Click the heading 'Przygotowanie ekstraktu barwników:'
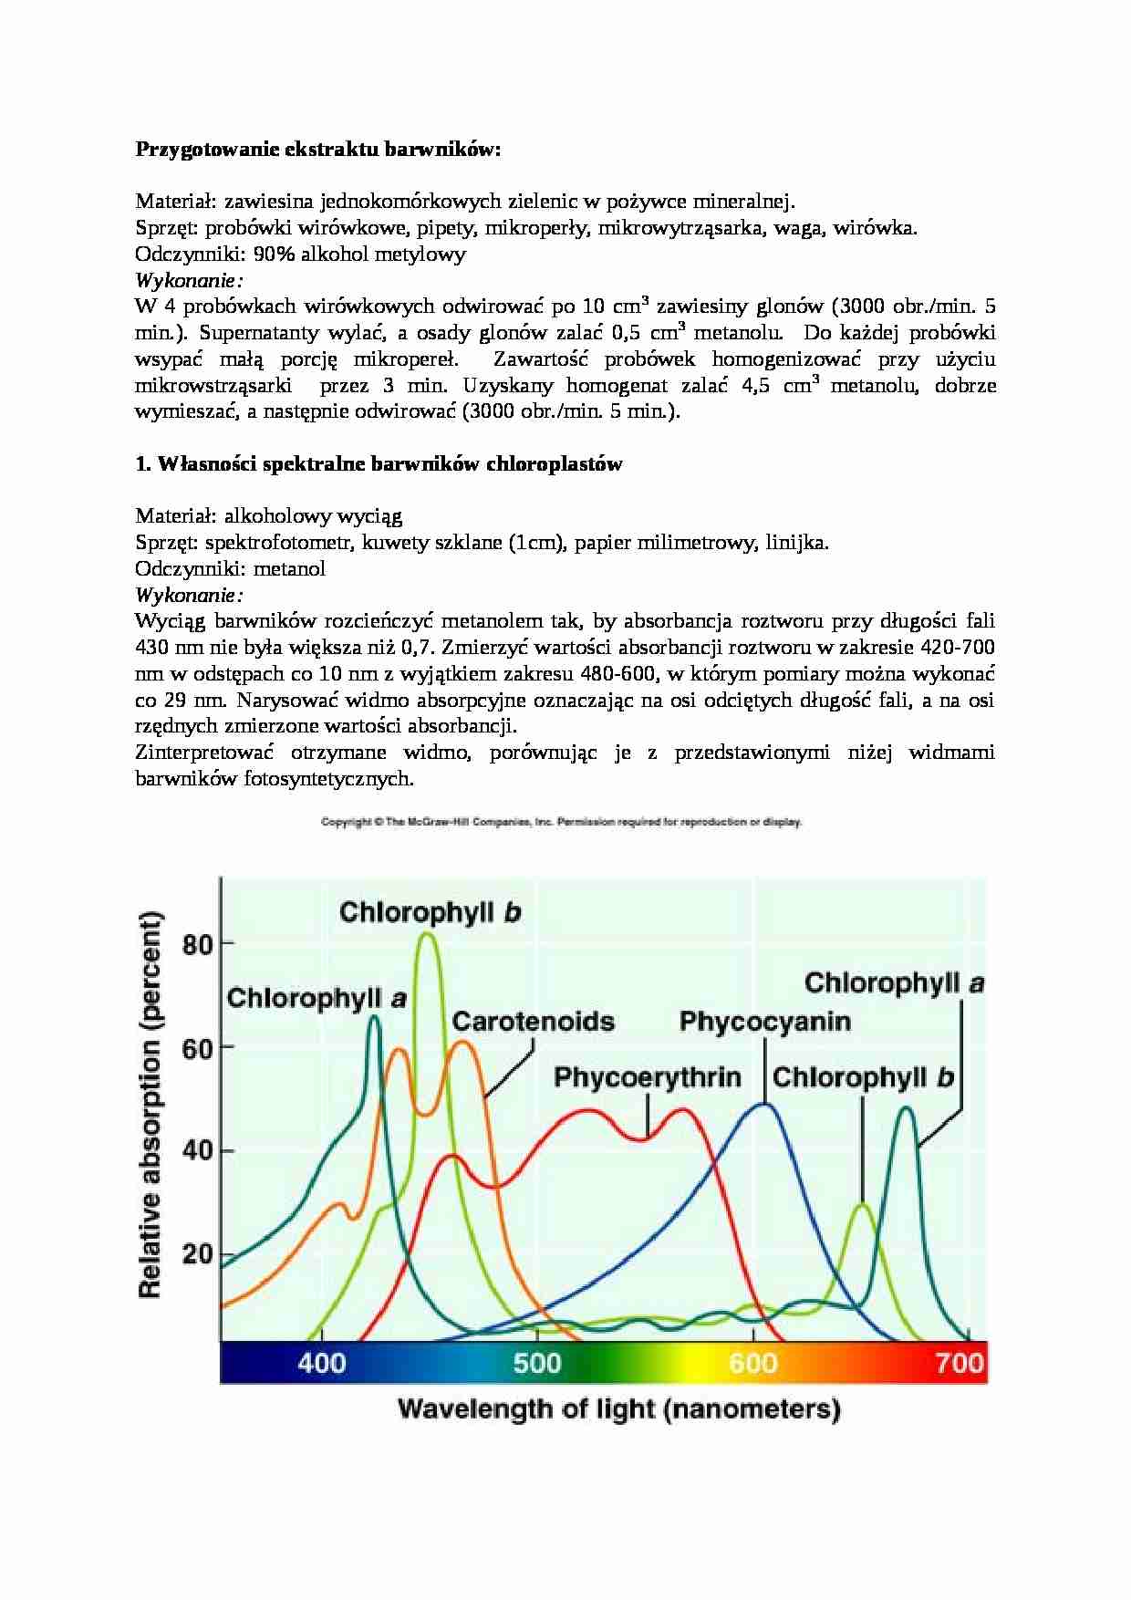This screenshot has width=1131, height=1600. coord(318,150)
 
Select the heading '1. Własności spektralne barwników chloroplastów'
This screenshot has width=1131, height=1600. coord(379,464)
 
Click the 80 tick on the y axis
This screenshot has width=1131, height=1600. coord(198,943)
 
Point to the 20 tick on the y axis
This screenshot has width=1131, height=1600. coord(198,1253)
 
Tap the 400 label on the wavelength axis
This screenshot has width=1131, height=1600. coord(322,1363)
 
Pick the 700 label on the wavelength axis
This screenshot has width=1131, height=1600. coord(960,1363)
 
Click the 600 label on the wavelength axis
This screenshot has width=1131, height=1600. coord(753,1363)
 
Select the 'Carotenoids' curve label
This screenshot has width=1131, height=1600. coord(534,1021)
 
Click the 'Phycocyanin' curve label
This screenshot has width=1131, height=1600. coord(764,1022)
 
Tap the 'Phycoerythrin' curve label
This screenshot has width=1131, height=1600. coord(648,1077)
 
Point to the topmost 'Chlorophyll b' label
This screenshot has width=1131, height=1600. coord(430,912)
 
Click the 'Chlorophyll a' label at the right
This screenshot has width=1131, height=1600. coord(894,983)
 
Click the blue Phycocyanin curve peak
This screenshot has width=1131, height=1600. coord(764,1105)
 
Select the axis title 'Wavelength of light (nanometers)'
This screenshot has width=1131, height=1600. coord(618,1409)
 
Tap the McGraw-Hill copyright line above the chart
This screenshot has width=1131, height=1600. coord(561,822)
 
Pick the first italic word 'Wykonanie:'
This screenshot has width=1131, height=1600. coord(189,280)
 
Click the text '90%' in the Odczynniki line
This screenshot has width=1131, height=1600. coord(275,255)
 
